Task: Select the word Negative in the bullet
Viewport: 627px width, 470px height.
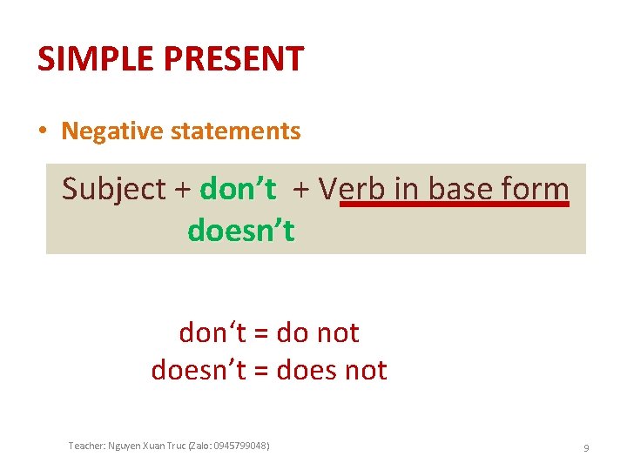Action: pos(111,131)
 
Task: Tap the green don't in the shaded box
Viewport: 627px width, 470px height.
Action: pos(238,188)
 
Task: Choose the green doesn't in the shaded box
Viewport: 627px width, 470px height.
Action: pos(241,231)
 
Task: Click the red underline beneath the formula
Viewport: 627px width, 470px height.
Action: pos(453,205)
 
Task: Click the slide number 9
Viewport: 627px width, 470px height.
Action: pos(586,447)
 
